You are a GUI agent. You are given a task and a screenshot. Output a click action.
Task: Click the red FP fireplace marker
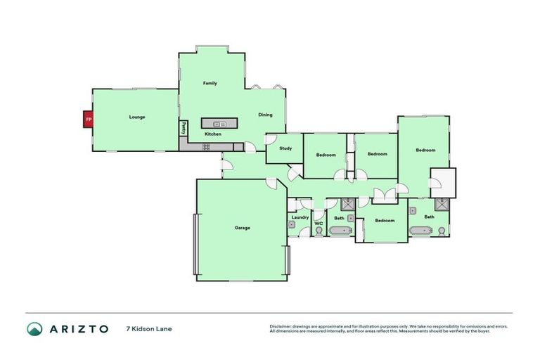point(89,120)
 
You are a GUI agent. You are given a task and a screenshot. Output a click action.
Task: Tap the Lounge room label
point(137,117)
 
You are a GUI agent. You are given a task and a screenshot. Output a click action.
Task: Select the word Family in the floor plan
point(210,83)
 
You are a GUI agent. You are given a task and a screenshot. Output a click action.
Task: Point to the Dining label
point(265,115)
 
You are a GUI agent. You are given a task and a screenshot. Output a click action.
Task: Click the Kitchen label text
point(213,134)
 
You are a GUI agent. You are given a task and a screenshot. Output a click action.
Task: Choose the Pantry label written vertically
point(184,128)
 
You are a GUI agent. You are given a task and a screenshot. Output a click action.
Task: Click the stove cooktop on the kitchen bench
point(207,147)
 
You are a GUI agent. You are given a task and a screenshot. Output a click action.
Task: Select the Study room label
point(285,148)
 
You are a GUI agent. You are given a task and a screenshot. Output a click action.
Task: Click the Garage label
point(242,227)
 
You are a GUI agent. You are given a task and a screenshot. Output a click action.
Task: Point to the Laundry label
point(300,218)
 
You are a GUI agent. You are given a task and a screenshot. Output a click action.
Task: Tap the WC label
point(318,224)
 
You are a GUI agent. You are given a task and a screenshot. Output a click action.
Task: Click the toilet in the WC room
point(319,231)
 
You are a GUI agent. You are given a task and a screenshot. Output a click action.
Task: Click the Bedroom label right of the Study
point(326,155)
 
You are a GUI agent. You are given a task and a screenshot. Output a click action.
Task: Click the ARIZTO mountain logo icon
point(34,329)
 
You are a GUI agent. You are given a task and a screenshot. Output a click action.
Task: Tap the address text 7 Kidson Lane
point(148,329)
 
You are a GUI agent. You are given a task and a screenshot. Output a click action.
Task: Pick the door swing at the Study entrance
point(292,171)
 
